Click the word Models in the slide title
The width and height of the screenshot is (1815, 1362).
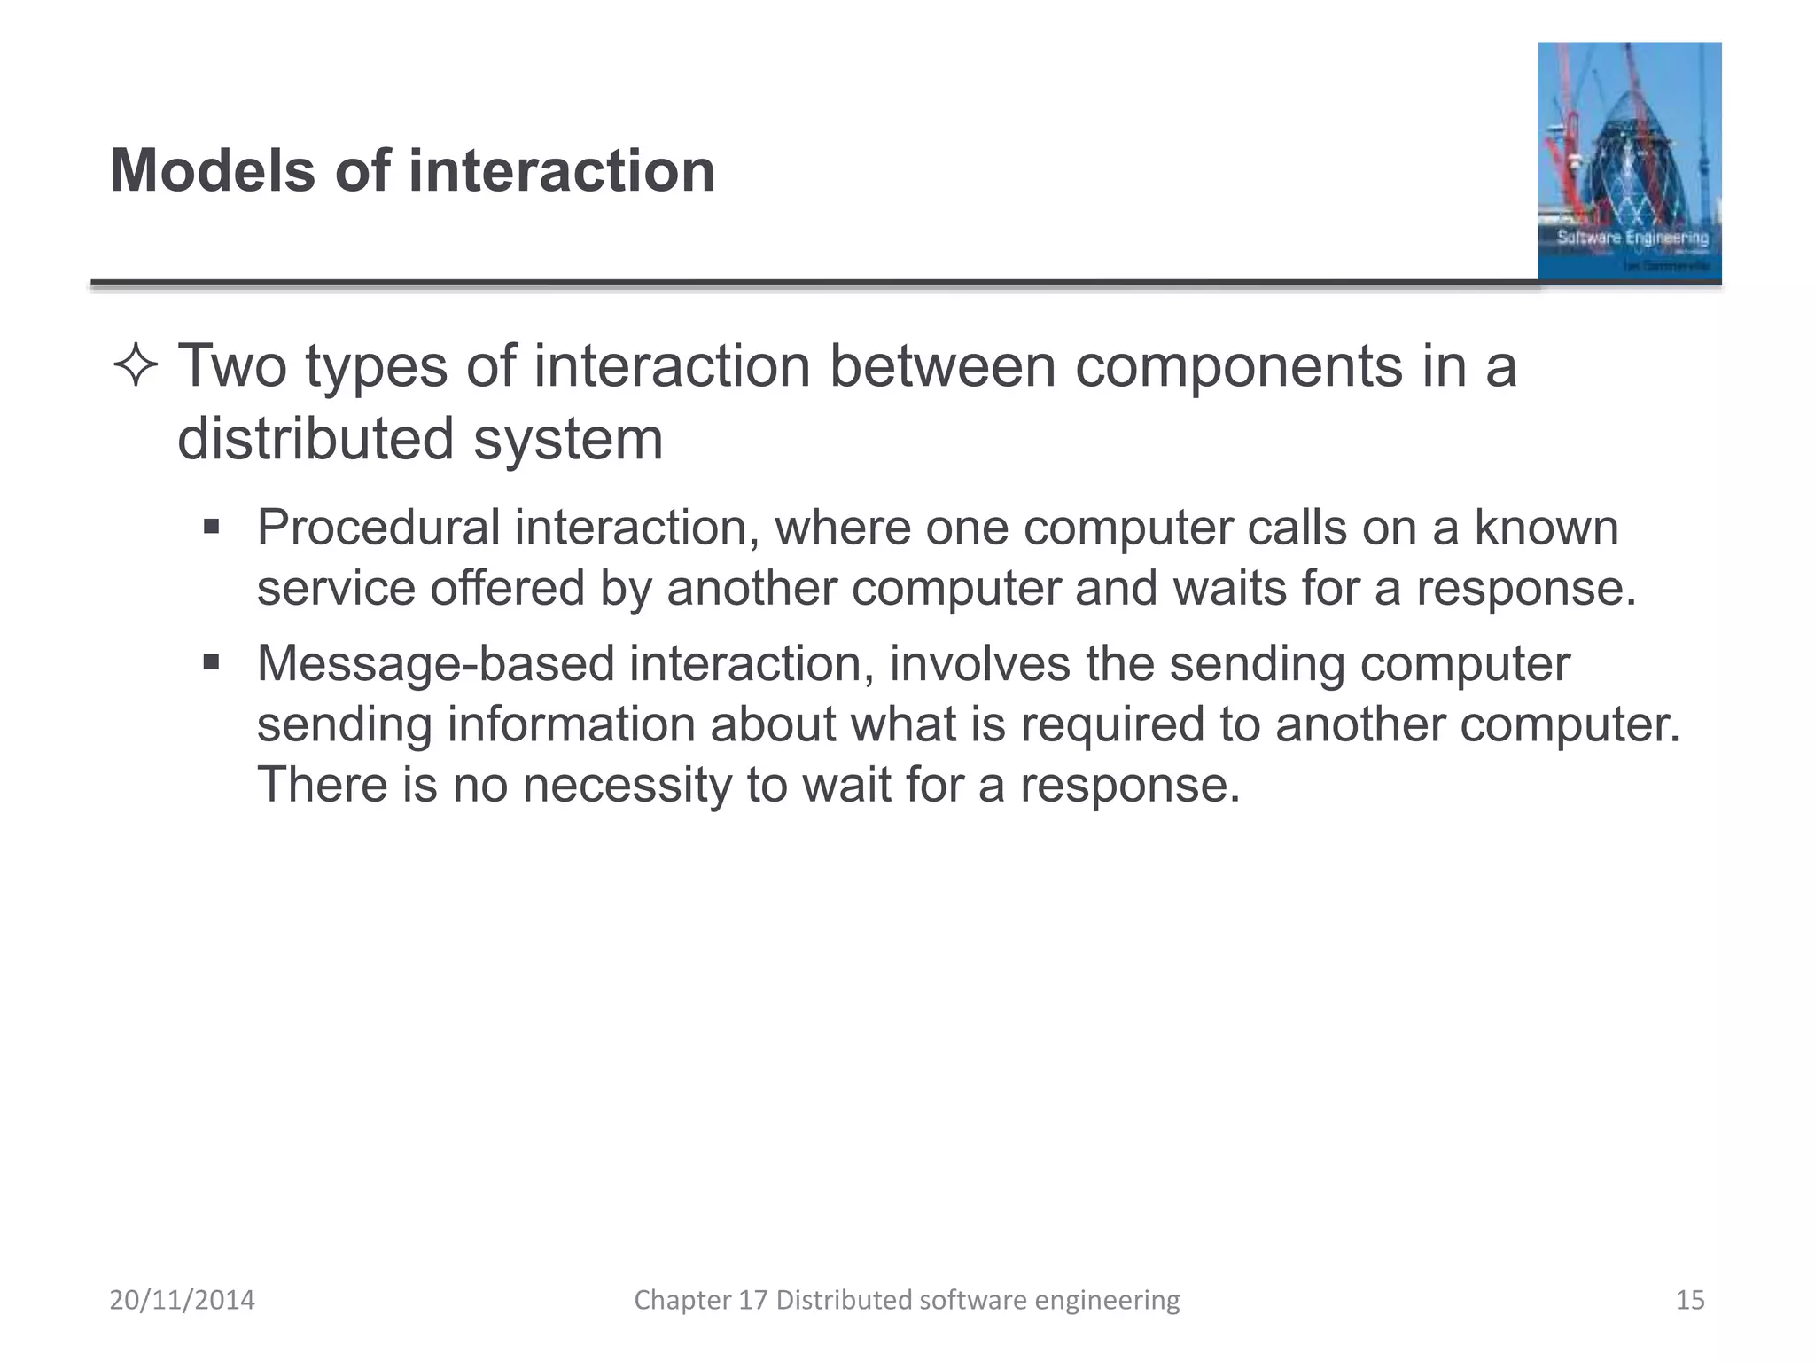click(x=213, y=170)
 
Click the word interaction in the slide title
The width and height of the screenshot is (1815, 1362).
click(x=561, y=170)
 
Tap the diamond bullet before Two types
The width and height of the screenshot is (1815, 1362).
click(x=136, y=366)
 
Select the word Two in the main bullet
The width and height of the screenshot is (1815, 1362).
click(x=232, y=365)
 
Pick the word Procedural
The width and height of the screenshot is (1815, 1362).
click(x=378, y=528)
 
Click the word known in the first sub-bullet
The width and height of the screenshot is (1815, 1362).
click(x=1546, y=528)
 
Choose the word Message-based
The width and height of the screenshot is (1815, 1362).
click(x=435, y=664)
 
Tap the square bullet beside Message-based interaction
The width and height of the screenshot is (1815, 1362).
click(x=211, y=662)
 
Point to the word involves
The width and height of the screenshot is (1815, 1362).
click(x=980, y=664)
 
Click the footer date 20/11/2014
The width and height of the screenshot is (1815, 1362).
click(x=182, y=1300)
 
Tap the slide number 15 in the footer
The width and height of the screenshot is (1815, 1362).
click(x=1689, y=1300)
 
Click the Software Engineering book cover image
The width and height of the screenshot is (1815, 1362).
click(x=1629, y=162)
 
